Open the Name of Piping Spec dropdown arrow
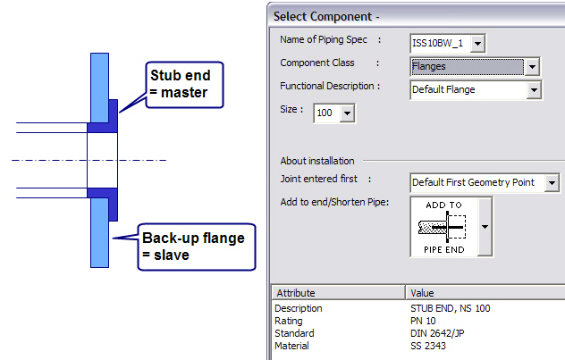click(x=478, y=43)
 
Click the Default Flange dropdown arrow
click(x=534, y=89)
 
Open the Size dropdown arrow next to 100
click(x=348, y=113)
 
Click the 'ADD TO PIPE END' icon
click(x=443, y=227)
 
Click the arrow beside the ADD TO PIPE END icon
click(x=485, y=227)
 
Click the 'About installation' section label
click(x=317, y=161)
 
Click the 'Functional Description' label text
click(x=329, y=86)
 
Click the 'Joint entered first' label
click(x=321, y=179)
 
